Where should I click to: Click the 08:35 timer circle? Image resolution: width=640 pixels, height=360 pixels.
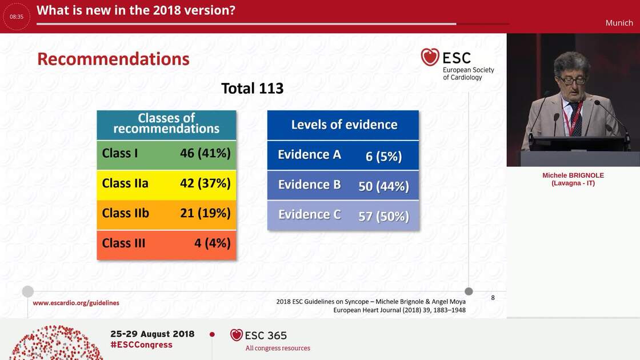pos(17,17)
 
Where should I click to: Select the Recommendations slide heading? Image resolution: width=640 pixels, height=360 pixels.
pos(113,59)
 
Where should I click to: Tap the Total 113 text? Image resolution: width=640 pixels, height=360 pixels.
pos(252,89)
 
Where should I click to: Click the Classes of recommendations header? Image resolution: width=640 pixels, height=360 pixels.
pos(166,123)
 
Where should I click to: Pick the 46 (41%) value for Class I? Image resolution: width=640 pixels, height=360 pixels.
pos(205,153)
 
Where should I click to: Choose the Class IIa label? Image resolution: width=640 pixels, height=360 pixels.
pos(125,183)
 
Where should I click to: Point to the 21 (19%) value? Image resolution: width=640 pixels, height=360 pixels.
pos(205,213)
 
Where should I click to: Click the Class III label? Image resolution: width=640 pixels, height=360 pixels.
pos(123,243)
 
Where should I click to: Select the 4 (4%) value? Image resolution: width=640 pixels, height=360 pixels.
pos(212,243)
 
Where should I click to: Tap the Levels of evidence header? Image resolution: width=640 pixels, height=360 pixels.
pos(344,125)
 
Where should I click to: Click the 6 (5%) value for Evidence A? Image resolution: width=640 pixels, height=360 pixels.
pos(383,156)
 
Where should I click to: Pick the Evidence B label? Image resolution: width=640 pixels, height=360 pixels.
pos(309,185)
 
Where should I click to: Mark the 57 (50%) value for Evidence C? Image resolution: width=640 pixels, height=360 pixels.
pos(383,216)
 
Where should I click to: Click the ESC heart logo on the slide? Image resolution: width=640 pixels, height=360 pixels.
pos(430,57)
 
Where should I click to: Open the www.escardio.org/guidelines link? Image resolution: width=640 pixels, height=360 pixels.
pos(76,303)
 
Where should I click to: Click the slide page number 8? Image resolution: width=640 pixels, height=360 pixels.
pos(493,298)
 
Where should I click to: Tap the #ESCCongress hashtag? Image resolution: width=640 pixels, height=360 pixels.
pos(141,345)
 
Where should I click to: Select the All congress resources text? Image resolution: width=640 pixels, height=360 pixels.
pos(278,348)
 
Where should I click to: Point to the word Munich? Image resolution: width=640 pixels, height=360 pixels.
pos(619,23)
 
